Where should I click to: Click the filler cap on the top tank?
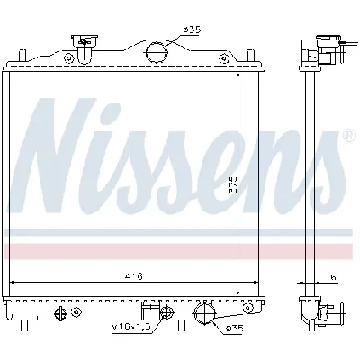(85, 41)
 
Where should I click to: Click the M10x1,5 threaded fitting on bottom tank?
(166, 312)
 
